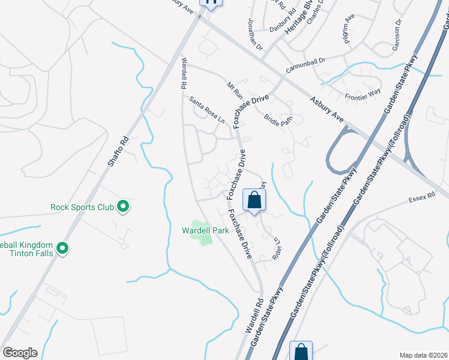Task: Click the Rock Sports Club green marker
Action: (123, 207)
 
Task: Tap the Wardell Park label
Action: (203, 230)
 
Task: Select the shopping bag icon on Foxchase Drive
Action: (254, 200)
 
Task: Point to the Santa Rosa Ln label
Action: (207, 110)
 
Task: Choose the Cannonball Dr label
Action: (305, 65)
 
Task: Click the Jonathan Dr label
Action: (256, 34)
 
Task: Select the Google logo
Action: (20, 353)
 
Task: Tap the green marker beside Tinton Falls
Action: (62, 247)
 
